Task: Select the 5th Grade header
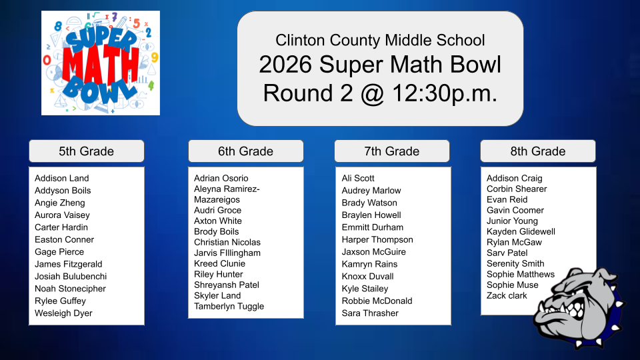(x=86, y=151)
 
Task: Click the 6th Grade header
(x=245, y=151)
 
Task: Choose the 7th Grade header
(x=391, y=151)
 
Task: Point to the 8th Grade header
(x=537, y=151)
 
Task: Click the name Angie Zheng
(x=60, y=203)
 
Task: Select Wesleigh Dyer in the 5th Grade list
(x=63, y=313)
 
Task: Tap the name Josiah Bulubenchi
(x=71, y=277)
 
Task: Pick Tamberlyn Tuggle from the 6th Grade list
(x=229, y=307)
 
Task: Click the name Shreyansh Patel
(x=226, y=285)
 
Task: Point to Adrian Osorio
(x=221, y=178)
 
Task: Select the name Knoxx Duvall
(x=367, y=277)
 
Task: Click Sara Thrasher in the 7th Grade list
(x=370, y=313)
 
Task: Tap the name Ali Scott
(x=358, y=178)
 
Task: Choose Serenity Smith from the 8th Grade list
(x=515, y=263)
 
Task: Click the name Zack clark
(x=507, y=295)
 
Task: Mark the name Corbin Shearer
(x=517, y=189)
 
